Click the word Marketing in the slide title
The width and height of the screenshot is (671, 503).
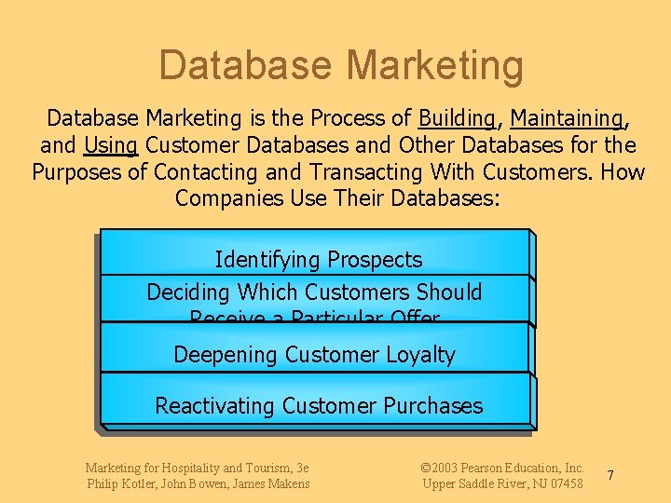coord(434,66)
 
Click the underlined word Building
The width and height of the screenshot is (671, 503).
coord(457,118)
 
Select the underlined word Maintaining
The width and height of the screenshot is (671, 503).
coord(568,118)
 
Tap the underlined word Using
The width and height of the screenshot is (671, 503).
coord(111,145)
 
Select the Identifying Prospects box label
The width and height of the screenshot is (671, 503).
coord(318,260)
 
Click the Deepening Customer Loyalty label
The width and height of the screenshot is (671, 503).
coord(314,355)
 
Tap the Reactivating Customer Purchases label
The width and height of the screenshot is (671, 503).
coord(319,406)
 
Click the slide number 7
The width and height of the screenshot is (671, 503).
coord(610,475)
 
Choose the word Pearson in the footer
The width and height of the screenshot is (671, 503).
coord(483,468)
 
